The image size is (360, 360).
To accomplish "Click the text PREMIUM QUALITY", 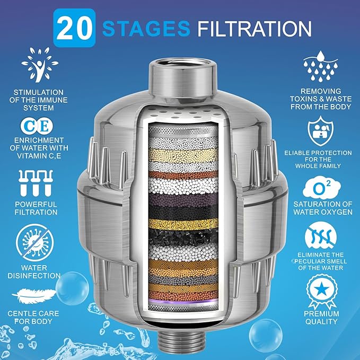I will [x=322, y=318].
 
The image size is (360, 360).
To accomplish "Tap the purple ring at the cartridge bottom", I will [x=180, y=300].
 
